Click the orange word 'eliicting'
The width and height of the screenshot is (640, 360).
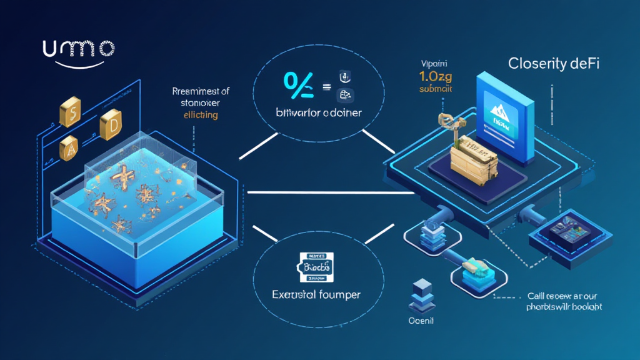tap(201, 116)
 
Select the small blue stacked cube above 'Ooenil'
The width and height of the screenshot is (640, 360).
tap(417, 292)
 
